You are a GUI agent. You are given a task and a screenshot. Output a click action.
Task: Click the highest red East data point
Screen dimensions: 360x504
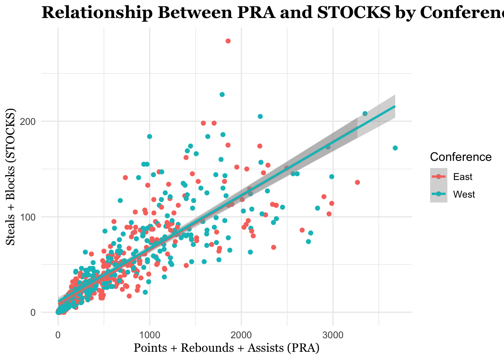pos(228,41)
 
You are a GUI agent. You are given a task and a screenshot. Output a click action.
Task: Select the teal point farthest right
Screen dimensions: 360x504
pos(395,148)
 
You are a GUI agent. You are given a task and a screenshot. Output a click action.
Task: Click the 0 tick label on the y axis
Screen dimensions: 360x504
pos(49,312)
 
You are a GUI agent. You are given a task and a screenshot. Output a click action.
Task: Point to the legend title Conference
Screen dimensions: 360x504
pos(461,157)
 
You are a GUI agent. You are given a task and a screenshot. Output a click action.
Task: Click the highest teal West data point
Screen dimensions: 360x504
pos(222,94)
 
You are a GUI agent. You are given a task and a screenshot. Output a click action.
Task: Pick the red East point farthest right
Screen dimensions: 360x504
pos(357,182)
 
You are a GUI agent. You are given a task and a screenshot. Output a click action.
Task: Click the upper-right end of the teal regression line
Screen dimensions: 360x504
pos(395,106)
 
